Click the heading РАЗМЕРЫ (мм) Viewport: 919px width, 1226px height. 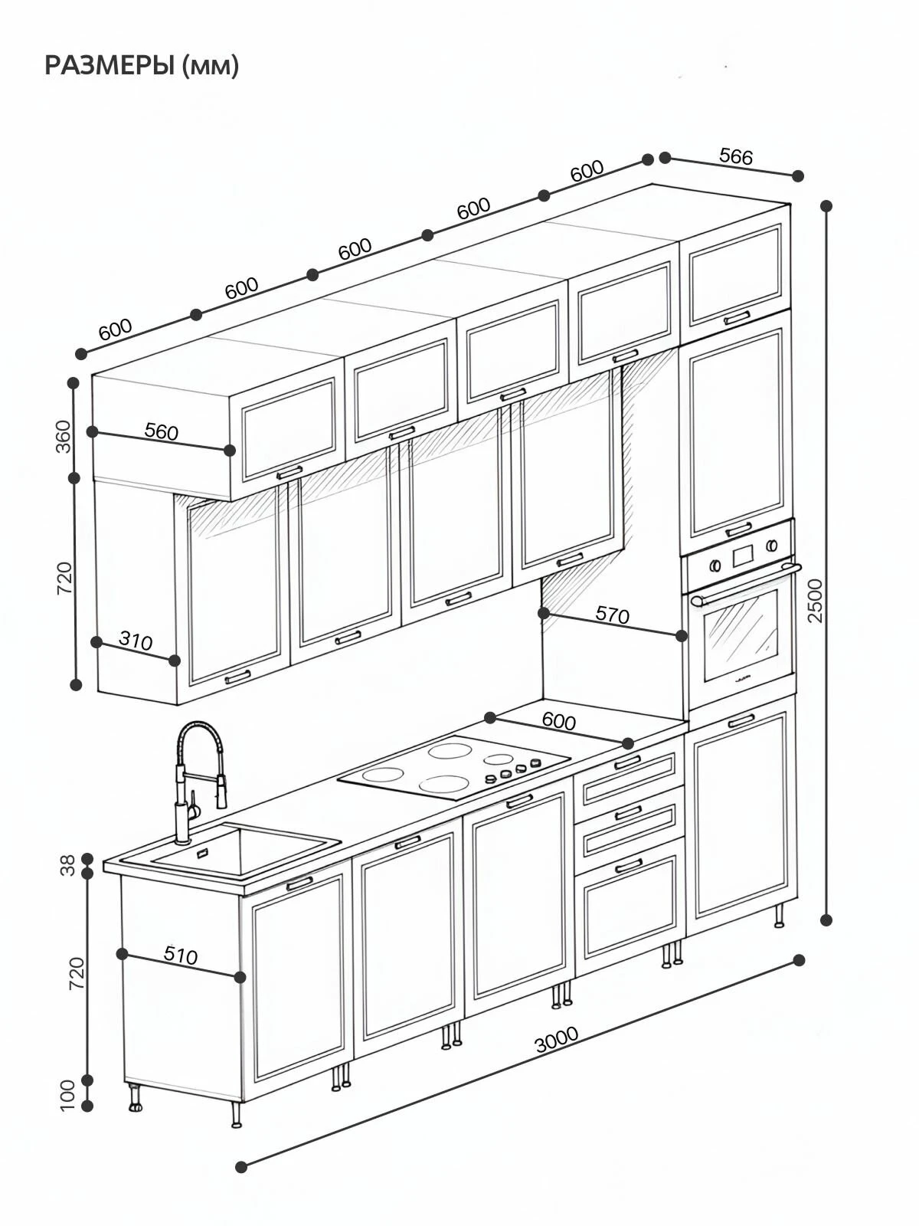click(x=142, y=66)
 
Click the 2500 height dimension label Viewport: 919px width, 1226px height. click(x=815, y=601)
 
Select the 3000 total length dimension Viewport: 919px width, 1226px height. click(x=556, y=1039)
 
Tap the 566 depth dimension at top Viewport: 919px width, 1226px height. click(x=736, y=156)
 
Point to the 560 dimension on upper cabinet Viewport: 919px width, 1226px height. click(x=162, y=431)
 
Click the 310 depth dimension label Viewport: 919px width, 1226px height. click(x=136, y=641)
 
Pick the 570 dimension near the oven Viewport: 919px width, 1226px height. click(x=612, y=615)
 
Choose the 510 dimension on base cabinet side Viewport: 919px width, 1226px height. click(x=181, y=956)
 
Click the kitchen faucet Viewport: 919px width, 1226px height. click(x=200, y=782)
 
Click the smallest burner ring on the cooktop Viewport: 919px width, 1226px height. click(x=499, y=759)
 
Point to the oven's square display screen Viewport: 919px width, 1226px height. click(x=742, y=554)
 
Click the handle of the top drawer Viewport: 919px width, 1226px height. click(x=628, y=762)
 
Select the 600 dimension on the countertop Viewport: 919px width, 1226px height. click(x=558, y=722)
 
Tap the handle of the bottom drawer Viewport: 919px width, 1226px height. click(x=628, y=867)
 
